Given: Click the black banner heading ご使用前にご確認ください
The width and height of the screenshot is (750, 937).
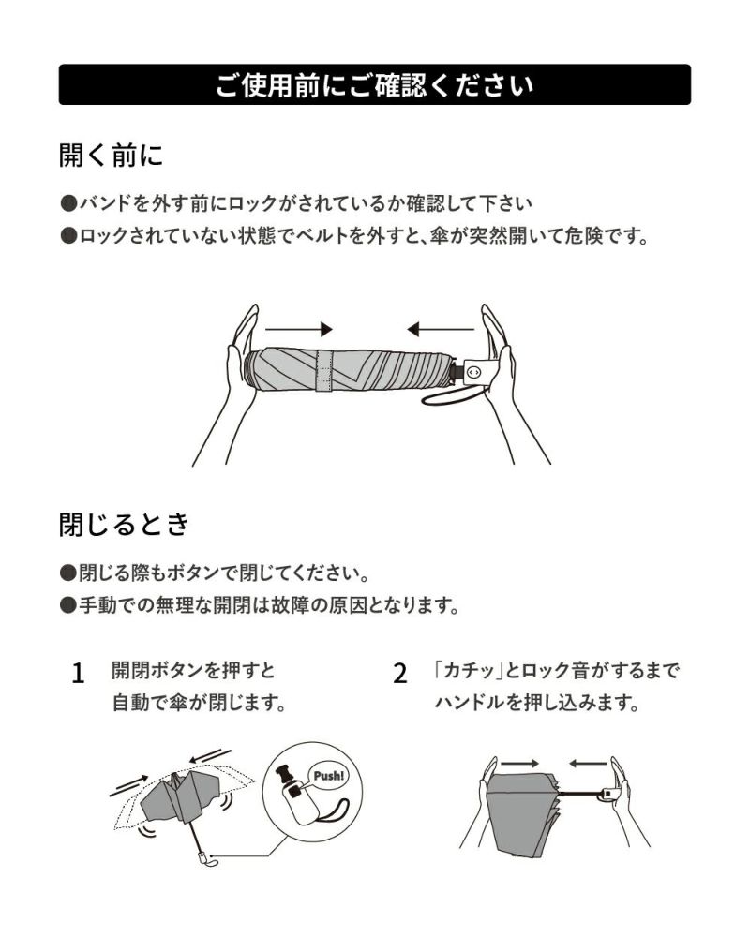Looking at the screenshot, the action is [374, 85].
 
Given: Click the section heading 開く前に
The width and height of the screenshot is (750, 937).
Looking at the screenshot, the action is [112, 155].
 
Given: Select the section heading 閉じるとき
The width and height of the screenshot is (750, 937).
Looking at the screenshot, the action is [125, 524].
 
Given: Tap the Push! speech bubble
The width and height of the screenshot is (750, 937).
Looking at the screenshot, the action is [328, 776].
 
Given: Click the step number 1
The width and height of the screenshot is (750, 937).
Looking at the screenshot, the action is [78, 674].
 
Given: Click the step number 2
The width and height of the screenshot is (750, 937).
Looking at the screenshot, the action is [400, 674].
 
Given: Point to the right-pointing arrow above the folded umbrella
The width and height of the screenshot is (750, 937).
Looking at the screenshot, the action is [298, 329].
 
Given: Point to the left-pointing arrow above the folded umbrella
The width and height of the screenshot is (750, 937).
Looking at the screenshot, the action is [441, 329].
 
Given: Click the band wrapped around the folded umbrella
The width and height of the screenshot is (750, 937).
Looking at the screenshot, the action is [324, 372].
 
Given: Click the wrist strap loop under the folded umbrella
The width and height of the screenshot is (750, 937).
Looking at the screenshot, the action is [453, 395].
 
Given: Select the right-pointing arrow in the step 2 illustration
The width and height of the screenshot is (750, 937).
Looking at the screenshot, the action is [520, 764].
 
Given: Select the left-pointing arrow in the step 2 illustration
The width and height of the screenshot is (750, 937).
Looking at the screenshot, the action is [588, 764].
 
